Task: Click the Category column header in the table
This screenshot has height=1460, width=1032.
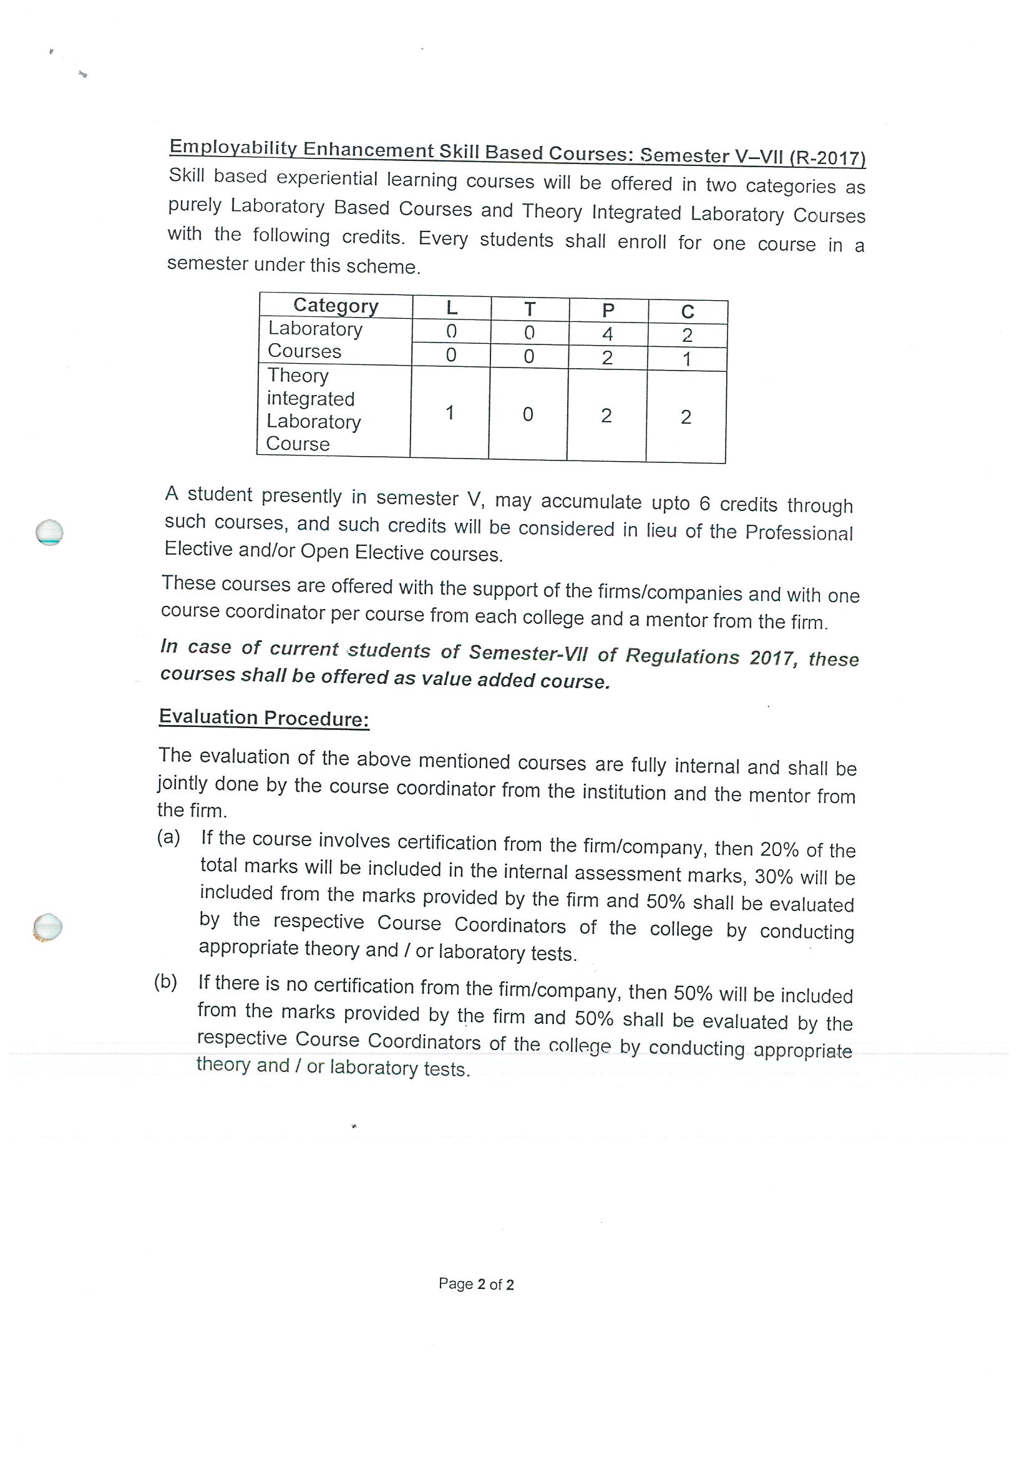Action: (336, 306)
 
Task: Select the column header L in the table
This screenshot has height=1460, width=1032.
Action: (452, 308)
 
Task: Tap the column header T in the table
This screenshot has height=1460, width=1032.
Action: (530, 309)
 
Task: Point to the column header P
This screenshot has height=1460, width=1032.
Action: (608, 311)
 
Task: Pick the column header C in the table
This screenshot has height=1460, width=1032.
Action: (688, 311)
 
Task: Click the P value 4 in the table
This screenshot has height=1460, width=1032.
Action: (607, 334)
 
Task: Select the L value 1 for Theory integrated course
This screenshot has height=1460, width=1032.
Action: (450, 412)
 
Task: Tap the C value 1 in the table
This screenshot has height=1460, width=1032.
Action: (687, 359)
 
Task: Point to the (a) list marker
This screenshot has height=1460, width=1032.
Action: (169, 837)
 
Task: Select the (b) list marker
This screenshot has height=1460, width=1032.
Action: (166, 982)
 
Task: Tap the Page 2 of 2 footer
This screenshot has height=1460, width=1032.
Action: (476, 1284)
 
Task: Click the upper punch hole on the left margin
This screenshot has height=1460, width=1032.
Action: (49, 532)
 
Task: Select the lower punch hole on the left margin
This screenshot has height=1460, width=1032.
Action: (47, 927)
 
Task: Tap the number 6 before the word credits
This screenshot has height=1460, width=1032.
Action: (704, 504)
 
